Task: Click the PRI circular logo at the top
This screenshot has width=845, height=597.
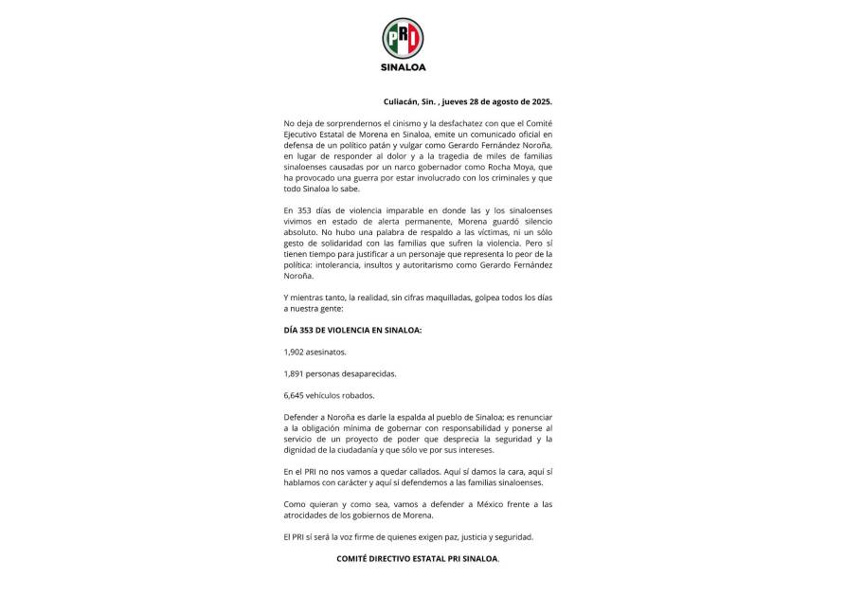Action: click(403, 39)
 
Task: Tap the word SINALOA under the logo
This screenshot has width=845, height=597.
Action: click(403, 67)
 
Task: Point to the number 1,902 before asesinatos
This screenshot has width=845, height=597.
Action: click(295, 351)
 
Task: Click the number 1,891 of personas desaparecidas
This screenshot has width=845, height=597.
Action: click(295, 372)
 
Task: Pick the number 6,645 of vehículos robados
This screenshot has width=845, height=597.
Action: click(295, 394)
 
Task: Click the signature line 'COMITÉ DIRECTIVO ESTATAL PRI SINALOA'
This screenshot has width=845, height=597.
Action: click(417, 558)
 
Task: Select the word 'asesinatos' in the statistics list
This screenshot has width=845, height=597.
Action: click(329, 351)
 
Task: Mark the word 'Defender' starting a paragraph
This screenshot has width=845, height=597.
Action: click(301, 417)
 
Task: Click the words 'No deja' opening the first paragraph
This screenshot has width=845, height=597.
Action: click(297, 123)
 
